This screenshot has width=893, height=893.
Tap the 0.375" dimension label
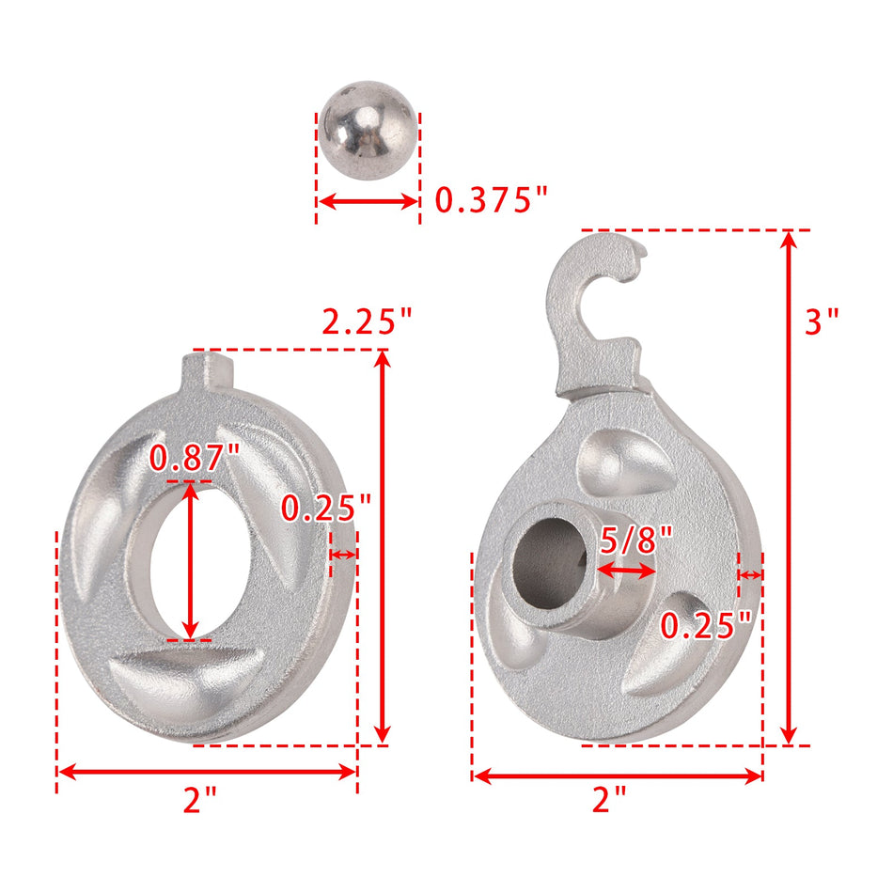pos(491,201)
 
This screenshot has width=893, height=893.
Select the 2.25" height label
pos(367,321)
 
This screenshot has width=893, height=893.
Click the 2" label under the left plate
pos(199,801)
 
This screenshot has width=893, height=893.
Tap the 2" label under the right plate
pos(609,801)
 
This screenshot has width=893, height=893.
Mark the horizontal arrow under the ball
pos(367,201)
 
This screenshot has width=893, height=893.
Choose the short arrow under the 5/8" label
pos(627,571)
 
